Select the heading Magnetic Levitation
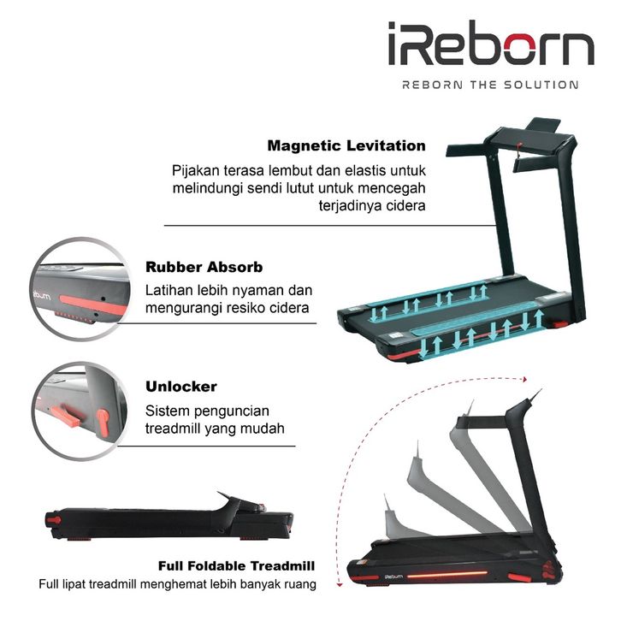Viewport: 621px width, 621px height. (x=346, y=146)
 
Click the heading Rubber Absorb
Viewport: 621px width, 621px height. (x=204, y=267)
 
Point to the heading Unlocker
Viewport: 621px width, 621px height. (x=181, y=387)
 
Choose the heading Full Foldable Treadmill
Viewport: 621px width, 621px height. (x=237, y=566)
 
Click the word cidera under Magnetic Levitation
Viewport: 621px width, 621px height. (x=405, y=206)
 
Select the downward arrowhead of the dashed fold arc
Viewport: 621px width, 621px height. (x=341, y=584)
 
